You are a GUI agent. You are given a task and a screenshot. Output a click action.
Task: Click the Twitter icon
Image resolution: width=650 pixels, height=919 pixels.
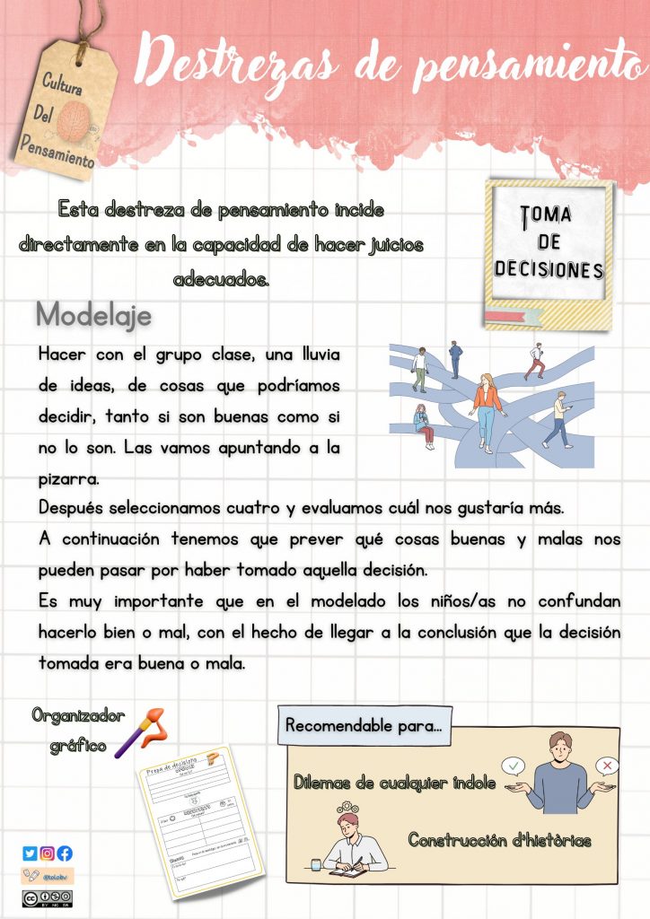30,853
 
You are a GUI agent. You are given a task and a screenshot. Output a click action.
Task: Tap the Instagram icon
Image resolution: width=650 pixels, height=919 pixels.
47,853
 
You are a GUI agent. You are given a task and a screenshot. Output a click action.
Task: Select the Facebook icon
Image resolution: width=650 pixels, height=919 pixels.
65,853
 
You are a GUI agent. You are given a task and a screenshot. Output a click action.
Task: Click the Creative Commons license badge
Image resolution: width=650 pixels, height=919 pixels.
47,897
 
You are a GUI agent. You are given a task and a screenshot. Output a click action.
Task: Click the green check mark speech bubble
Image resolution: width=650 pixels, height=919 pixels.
513,766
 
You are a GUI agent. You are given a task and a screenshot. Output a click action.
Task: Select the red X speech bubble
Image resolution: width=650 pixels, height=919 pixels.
608,766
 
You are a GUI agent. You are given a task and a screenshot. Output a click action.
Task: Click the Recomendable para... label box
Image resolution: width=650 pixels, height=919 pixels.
364,725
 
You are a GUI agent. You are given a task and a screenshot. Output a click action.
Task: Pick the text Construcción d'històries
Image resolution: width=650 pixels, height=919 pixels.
499,841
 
